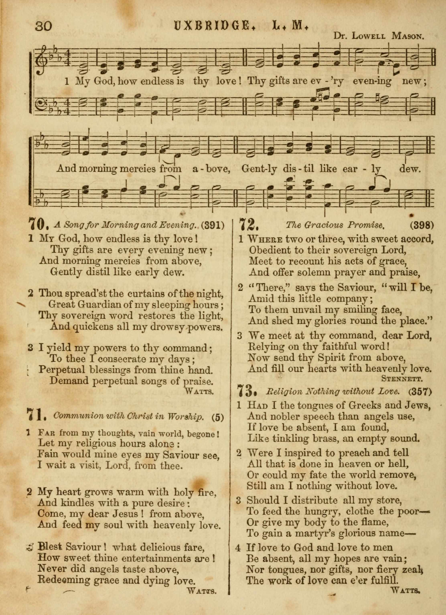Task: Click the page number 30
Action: click(x=43, y=26)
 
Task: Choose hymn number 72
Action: click(x=247, y=225)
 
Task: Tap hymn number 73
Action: click(x=246, y=391)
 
